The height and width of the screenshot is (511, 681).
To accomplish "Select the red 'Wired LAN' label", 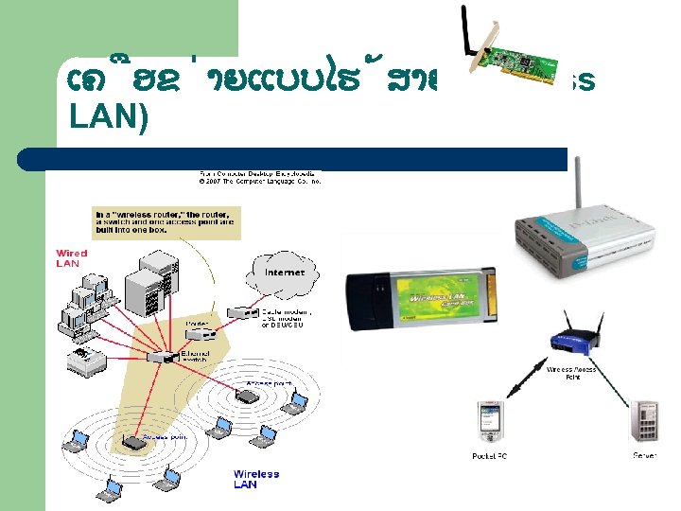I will point(71,258).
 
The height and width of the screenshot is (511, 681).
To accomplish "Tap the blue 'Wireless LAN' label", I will point(256,479).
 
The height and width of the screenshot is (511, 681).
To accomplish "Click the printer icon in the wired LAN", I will point(83,358).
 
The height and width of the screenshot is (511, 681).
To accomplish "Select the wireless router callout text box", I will point(166,221).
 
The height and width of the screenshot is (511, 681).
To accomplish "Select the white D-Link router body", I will point(583,242).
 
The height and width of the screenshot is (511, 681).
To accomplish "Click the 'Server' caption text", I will point(646,456).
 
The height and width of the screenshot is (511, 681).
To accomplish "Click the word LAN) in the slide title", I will point(110,120).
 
